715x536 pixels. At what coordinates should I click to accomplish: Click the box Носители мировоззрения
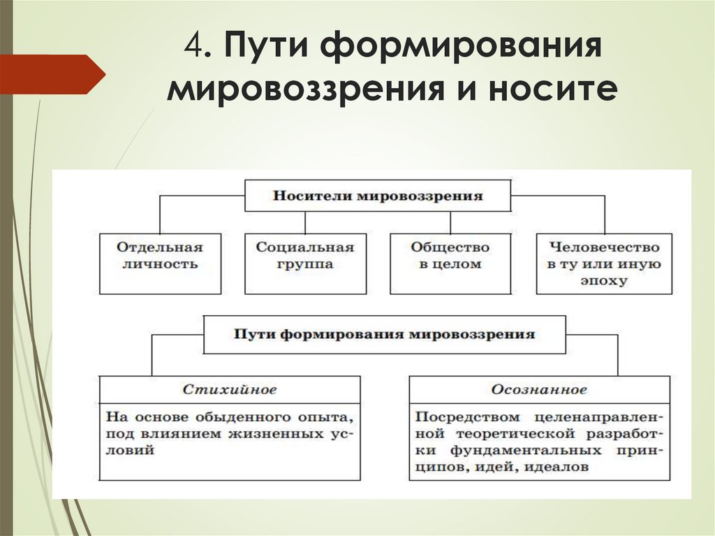378,196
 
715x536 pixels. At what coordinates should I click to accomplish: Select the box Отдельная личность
159,263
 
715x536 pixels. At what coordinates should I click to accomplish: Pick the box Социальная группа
305,263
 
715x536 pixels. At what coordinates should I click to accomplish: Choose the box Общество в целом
450,263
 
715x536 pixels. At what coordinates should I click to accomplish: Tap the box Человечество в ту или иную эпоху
604,263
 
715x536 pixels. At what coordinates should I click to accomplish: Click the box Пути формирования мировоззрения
383,334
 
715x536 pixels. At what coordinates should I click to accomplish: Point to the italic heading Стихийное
230,389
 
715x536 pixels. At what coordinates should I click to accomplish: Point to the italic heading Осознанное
538,389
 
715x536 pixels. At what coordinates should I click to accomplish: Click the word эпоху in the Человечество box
604,281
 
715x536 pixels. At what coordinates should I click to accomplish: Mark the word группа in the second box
305,265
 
